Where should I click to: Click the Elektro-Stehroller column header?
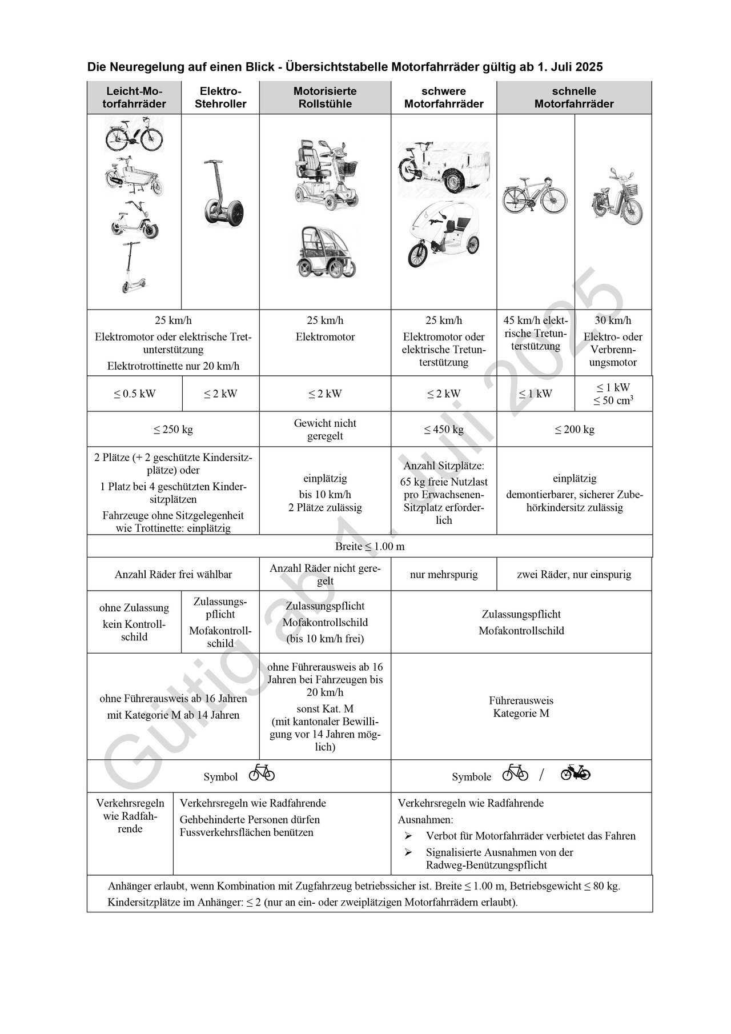(220, 98)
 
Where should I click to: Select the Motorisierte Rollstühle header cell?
(325, 98)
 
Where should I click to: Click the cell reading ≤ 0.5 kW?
(134, 394)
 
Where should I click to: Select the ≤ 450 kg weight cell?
(444, 430)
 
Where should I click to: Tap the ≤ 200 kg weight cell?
(575, 430)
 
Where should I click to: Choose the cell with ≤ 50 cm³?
(613, 400)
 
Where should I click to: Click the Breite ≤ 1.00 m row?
(369, 546)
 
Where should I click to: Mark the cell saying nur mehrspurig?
(444, 575)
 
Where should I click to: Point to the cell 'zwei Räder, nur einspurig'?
(574, 575)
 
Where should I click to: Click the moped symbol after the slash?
(575, 773)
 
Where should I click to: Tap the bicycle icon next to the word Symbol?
(262, 773)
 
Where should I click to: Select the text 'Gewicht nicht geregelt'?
(325, 430)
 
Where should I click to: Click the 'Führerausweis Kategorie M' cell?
(521, 707)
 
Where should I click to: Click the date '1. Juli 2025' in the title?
(569, 67)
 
